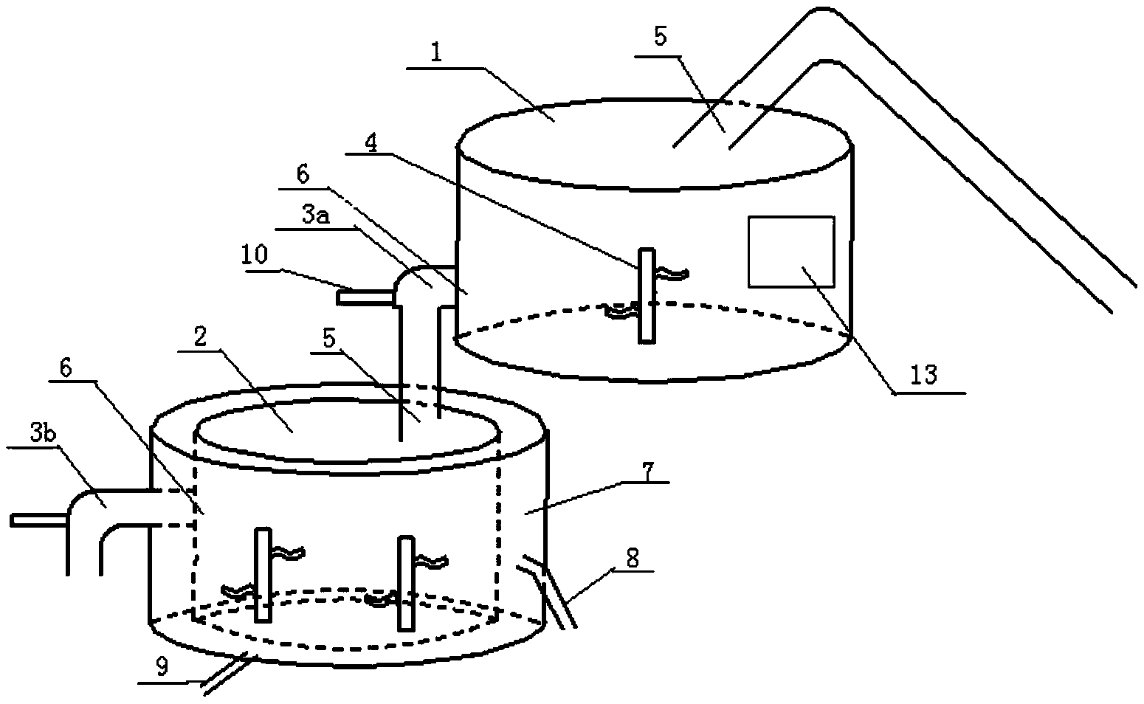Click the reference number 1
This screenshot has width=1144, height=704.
tap(438, 57)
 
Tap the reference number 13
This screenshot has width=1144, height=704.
tap(923, 375)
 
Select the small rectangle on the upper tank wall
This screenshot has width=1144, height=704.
tap(790, 252)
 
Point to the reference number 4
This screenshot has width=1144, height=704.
tap(371, 143)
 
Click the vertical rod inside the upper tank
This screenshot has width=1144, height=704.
tap(647, 295)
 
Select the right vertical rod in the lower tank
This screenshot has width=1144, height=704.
tap(406, 583)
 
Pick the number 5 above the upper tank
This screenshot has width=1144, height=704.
tap(660, 38)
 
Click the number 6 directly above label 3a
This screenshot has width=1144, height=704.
tap(303, 174)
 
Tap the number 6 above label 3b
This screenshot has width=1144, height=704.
tap(65, 368)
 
